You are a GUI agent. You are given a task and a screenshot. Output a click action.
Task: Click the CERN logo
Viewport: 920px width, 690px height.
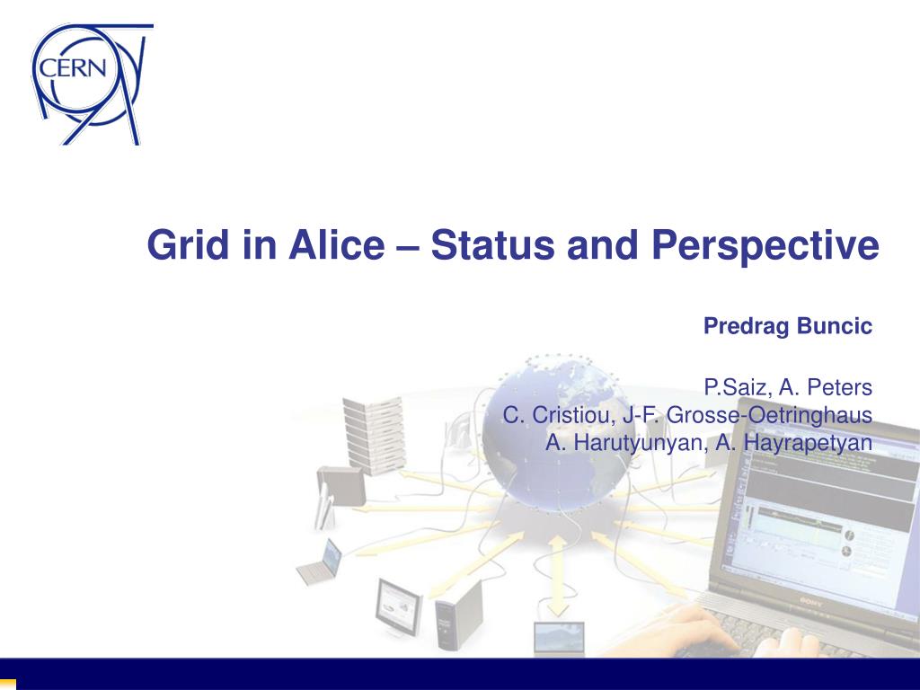93,84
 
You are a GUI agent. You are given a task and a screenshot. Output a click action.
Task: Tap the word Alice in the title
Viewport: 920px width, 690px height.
337,244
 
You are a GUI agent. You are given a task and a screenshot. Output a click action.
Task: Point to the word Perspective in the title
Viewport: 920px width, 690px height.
765,245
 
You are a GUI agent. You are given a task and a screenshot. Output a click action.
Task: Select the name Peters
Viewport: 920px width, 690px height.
840,387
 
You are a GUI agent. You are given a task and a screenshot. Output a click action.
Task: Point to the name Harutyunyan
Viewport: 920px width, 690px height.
639,443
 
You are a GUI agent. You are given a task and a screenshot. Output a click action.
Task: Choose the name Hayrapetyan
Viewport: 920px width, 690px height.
808,443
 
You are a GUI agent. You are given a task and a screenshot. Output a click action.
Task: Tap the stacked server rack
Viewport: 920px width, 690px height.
374,435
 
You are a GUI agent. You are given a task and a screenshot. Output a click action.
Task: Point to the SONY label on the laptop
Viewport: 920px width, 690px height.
811,603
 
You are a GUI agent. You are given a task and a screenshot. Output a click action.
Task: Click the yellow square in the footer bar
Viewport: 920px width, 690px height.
7,684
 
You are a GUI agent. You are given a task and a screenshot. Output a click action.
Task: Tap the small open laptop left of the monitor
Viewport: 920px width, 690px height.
320,562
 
